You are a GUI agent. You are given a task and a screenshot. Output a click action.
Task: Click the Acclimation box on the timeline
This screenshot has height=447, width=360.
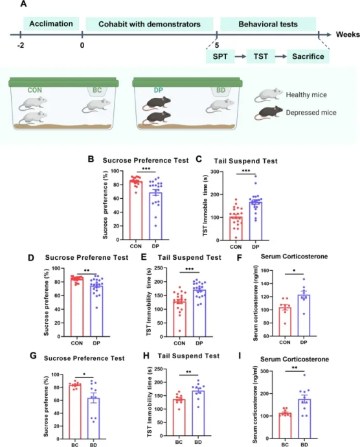coord(51,24)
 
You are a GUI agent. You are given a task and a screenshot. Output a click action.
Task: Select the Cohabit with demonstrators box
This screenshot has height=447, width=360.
coord(150,24)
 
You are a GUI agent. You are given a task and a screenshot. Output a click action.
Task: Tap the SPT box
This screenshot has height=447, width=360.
coord(220,56)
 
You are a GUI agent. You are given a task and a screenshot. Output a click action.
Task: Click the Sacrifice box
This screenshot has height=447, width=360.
coord(308,56)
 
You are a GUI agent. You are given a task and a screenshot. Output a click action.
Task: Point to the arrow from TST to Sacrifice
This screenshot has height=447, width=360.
coord(281,56)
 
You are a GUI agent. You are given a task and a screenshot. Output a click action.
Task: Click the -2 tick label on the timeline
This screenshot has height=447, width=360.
coord(21,45)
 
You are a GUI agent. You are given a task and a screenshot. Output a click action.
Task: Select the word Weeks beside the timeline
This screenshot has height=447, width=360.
coord(348,34)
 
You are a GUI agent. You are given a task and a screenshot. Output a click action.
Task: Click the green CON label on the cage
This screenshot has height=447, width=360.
coord(35,90)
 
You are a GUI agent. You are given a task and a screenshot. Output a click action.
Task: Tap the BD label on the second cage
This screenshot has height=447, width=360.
coord(221,90)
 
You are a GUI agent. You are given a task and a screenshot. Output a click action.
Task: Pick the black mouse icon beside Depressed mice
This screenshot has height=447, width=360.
coord(269,113)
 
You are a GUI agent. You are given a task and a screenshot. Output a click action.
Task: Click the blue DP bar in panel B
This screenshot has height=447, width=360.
coord(155,216)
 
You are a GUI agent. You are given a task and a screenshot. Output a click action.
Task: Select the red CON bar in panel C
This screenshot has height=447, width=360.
coord(236,228)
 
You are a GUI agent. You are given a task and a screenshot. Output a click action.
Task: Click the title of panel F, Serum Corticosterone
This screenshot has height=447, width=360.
coord(294,257)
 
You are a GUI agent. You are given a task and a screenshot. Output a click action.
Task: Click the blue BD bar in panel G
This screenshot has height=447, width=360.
coord(93,418)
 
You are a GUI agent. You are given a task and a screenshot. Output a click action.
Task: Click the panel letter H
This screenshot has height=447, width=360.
coord(146,356)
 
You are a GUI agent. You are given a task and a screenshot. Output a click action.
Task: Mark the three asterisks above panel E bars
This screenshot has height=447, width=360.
coord(190,269)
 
